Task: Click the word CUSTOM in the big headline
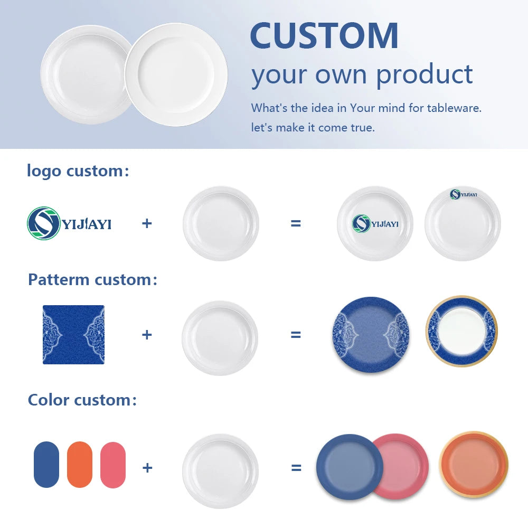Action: pos(324,36)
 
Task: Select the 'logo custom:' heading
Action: pos(78,171)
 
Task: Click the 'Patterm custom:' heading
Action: pos(92,279)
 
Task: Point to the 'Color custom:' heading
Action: pos(82,400)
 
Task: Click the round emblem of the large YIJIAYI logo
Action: pos(43,223)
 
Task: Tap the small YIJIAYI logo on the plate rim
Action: pos(464,194)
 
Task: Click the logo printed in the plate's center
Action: pos(375,223)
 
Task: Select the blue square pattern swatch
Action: pos(73,334)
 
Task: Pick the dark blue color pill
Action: pos(46,464)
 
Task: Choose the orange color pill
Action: pos(80,464)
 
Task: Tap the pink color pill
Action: pos(113,465)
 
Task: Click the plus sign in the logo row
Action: pos(147,223)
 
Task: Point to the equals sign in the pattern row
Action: pos(296,335)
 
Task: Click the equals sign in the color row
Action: pos(296,468)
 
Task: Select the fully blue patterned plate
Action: pos(371,335)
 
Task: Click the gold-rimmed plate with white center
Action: pos(462,331)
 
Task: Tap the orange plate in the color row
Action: pos(474,464)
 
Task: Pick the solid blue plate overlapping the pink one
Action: pos(350,467)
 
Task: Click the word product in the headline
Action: pos(425,75)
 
